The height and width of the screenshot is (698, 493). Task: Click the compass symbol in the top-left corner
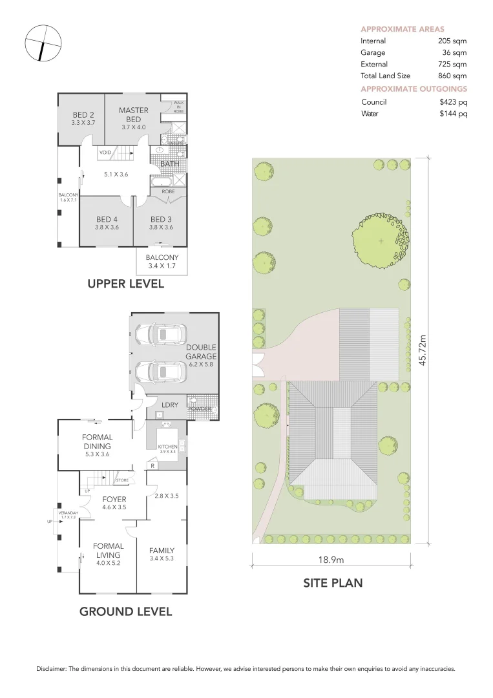tap(43, 43)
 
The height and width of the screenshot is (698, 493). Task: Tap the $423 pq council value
tap(453, 102)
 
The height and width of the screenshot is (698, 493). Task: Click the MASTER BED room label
tap(133, 114)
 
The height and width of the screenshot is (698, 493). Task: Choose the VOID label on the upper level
tap(105, 153)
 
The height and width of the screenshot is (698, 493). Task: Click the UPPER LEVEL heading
tap(126, 284)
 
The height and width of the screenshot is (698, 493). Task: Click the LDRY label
tap(171, 405)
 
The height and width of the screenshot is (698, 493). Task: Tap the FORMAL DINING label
tap(97, 441)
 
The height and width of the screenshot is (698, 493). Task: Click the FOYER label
tap(114, 500)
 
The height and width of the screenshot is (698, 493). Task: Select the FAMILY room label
tap(162, 551)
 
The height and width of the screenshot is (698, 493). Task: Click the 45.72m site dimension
tap(423, 350)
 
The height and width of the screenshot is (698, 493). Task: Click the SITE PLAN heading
tap(333, 583)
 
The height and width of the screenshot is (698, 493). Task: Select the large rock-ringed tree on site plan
tap(381, 240)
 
